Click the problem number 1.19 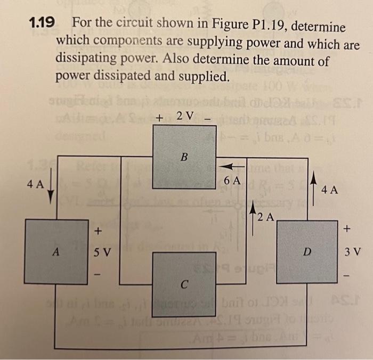point(42,23)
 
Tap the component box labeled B point(184,157)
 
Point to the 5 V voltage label point(103,252)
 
